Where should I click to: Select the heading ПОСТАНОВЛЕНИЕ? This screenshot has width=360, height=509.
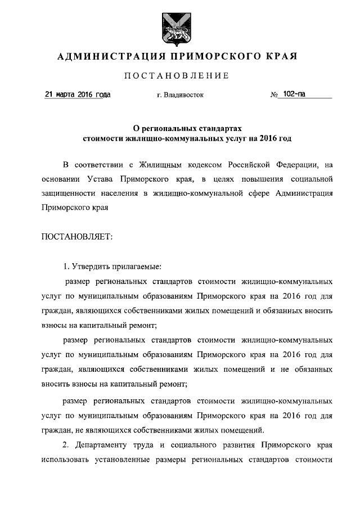177,76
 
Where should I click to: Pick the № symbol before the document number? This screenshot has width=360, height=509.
274,95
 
